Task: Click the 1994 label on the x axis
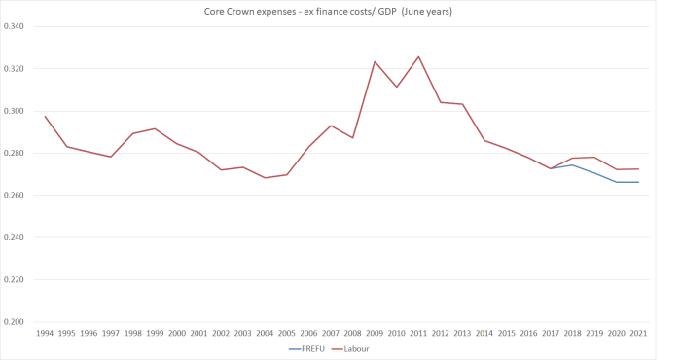[45, 333]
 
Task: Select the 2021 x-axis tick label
[638, 333]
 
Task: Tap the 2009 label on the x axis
[375, 333]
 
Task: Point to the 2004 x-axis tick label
[265, 333]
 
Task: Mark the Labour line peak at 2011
[418, 56]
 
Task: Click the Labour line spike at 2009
[375, 61]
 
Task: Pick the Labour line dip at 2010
[397, 87]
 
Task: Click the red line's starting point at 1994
[45, 116]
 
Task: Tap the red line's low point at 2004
[265, 177]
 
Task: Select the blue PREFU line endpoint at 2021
[638, 182]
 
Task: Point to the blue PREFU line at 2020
[617, 182]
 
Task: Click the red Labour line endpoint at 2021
[638, 169]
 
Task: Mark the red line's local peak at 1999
[155, 128]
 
